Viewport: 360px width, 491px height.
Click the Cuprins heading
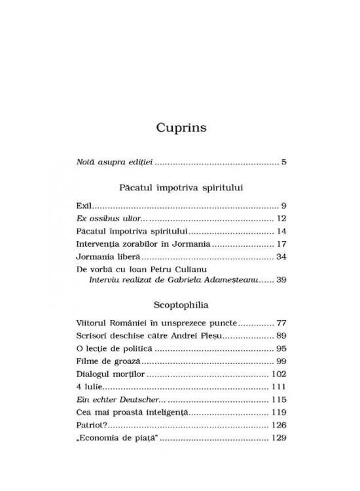pyautogui.click(x=181, y=128)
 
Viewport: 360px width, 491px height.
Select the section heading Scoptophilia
pyautogui.click(x=181, y=304)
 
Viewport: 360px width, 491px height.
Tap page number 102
pyautogui.click(x=279, y=375)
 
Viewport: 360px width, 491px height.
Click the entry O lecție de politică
pyautogui.click(x=113, y=350)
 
